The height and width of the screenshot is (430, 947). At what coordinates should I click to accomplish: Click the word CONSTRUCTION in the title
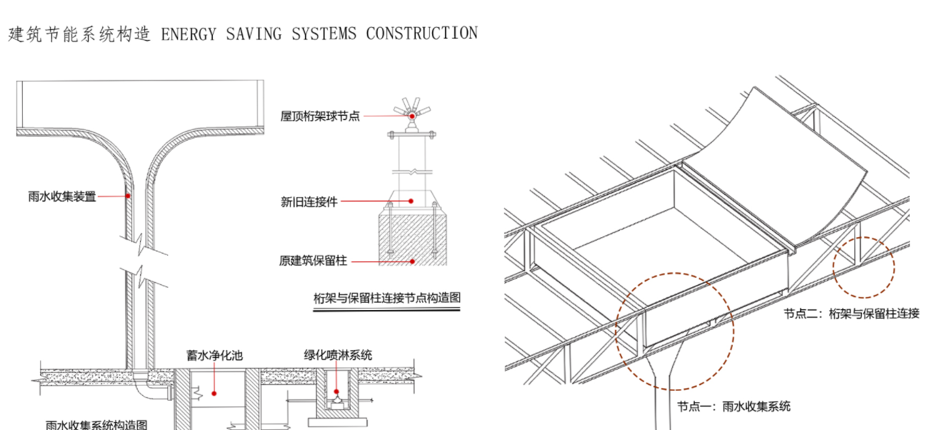click(x=421, y=33)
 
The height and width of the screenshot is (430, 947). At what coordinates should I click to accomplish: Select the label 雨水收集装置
click(x=62, y=196)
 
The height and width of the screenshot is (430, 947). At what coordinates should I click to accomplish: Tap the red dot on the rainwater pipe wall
click(x=129, y=195)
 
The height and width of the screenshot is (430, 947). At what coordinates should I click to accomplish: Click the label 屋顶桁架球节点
click(x=320, y=116)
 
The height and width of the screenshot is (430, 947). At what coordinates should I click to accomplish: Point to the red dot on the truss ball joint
click(x=412, y=115)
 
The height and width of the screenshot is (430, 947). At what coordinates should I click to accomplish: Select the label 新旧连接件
click(x=309, y=202)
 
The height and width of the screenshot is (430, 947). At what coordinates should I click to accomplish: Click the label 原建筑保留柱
click(x=313, y=261)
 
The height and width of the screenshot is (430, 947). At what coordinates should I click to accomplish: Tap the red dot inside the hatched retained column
click(x=413, y=261)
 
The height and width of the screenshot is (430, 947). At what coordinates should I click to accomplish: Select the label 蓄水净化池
click(x=215, y=356)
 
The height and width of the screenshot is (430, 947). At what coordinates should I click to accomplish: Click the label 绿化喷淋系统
click(x=338, y=355)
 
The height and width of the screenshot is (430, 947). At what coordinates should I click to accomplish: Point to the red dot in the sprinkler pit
click(x=336, y=391)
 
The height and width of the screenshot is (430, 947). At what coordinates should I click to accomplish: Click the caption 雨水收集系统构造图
click(x=96, y=425)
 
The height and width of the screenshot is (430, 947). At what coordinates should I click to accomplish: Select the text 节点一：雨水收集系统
click(x=733, y=406)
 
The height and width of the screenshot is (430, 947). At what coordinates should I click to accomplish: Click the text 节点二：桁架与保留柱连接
click(x=851, y=313)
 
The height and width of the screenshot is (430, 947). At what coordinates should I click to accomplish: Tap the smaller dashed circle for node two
click(x=863, y=267)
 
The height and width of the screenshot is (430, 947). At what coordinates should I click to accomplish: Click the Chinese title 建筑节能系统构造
click(x=80, y=34)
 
